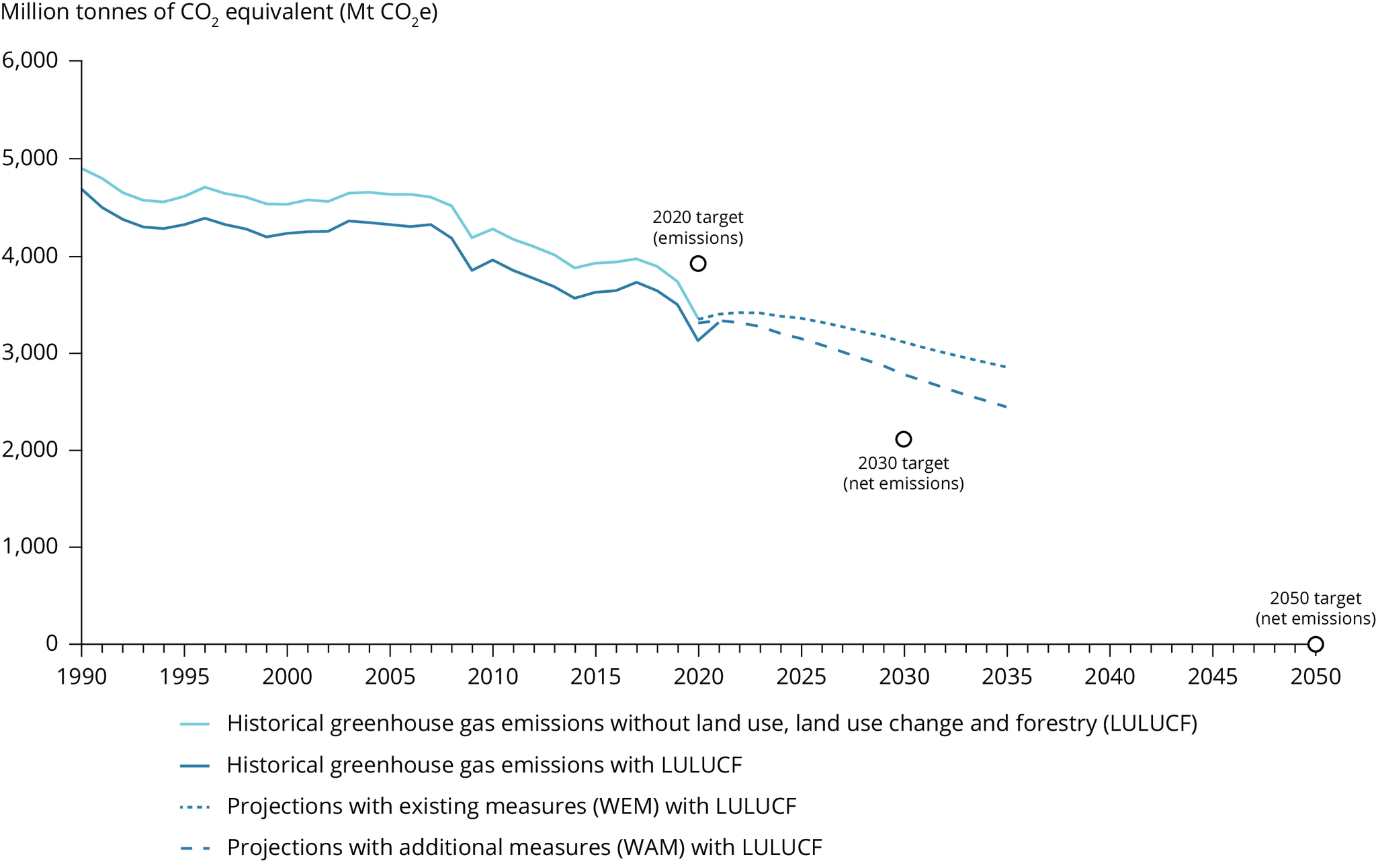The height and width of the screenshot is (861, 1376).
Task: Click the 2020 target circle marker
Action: click(x=698, y=263)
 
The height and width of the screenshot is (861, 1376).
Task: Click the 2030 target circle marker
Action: click(x=904, y=439)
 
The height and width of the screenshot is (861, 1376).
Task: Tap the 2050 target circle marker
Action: click(x=1316, y=644)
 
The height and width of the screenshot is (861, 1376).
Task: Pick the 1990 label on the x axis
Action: click(x=82, y=677)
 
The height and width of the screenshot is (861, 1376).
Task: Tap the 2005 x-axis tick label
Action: click(x=390, y=677)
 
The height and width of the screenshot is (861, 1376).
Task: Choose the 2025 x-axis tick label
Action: click(x=801, y=677)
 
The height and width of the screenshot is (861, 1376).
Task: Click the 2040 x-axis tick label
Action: click(x=1110, y=677)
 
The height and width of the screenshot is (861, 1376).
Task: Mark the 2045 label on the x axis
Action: click(x=1213, y=677)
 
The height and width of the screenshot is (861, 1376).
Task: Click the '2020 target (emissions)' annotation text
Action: click(x=698, y=228)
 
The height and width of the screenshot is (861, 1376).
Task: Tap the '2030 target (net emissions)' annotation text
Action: click(x=904, y=473)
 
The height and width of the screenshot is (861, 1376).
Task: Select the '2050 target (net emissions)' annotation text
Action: click(x=1316, y=608)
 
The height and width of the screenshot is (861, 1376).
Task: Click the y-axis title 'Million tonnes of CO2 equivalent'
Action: click(x=219, y=13)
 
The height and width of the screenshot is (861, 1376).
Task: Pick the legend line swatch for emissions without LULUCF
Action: click(x=196, y=724)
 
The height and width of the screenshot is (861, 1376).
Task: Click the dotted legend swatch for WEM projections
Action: click(x=196, y=807)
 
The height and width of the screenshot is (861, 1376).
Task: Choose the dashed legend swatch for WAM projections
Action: click(x=196, y=848)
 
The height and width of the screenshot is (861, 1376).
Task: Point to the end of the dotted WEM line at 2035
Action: click(x=1006, y=367)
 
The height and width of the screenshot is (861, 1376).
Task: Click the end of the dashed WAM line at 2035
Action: click(x=1006, y=407)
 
